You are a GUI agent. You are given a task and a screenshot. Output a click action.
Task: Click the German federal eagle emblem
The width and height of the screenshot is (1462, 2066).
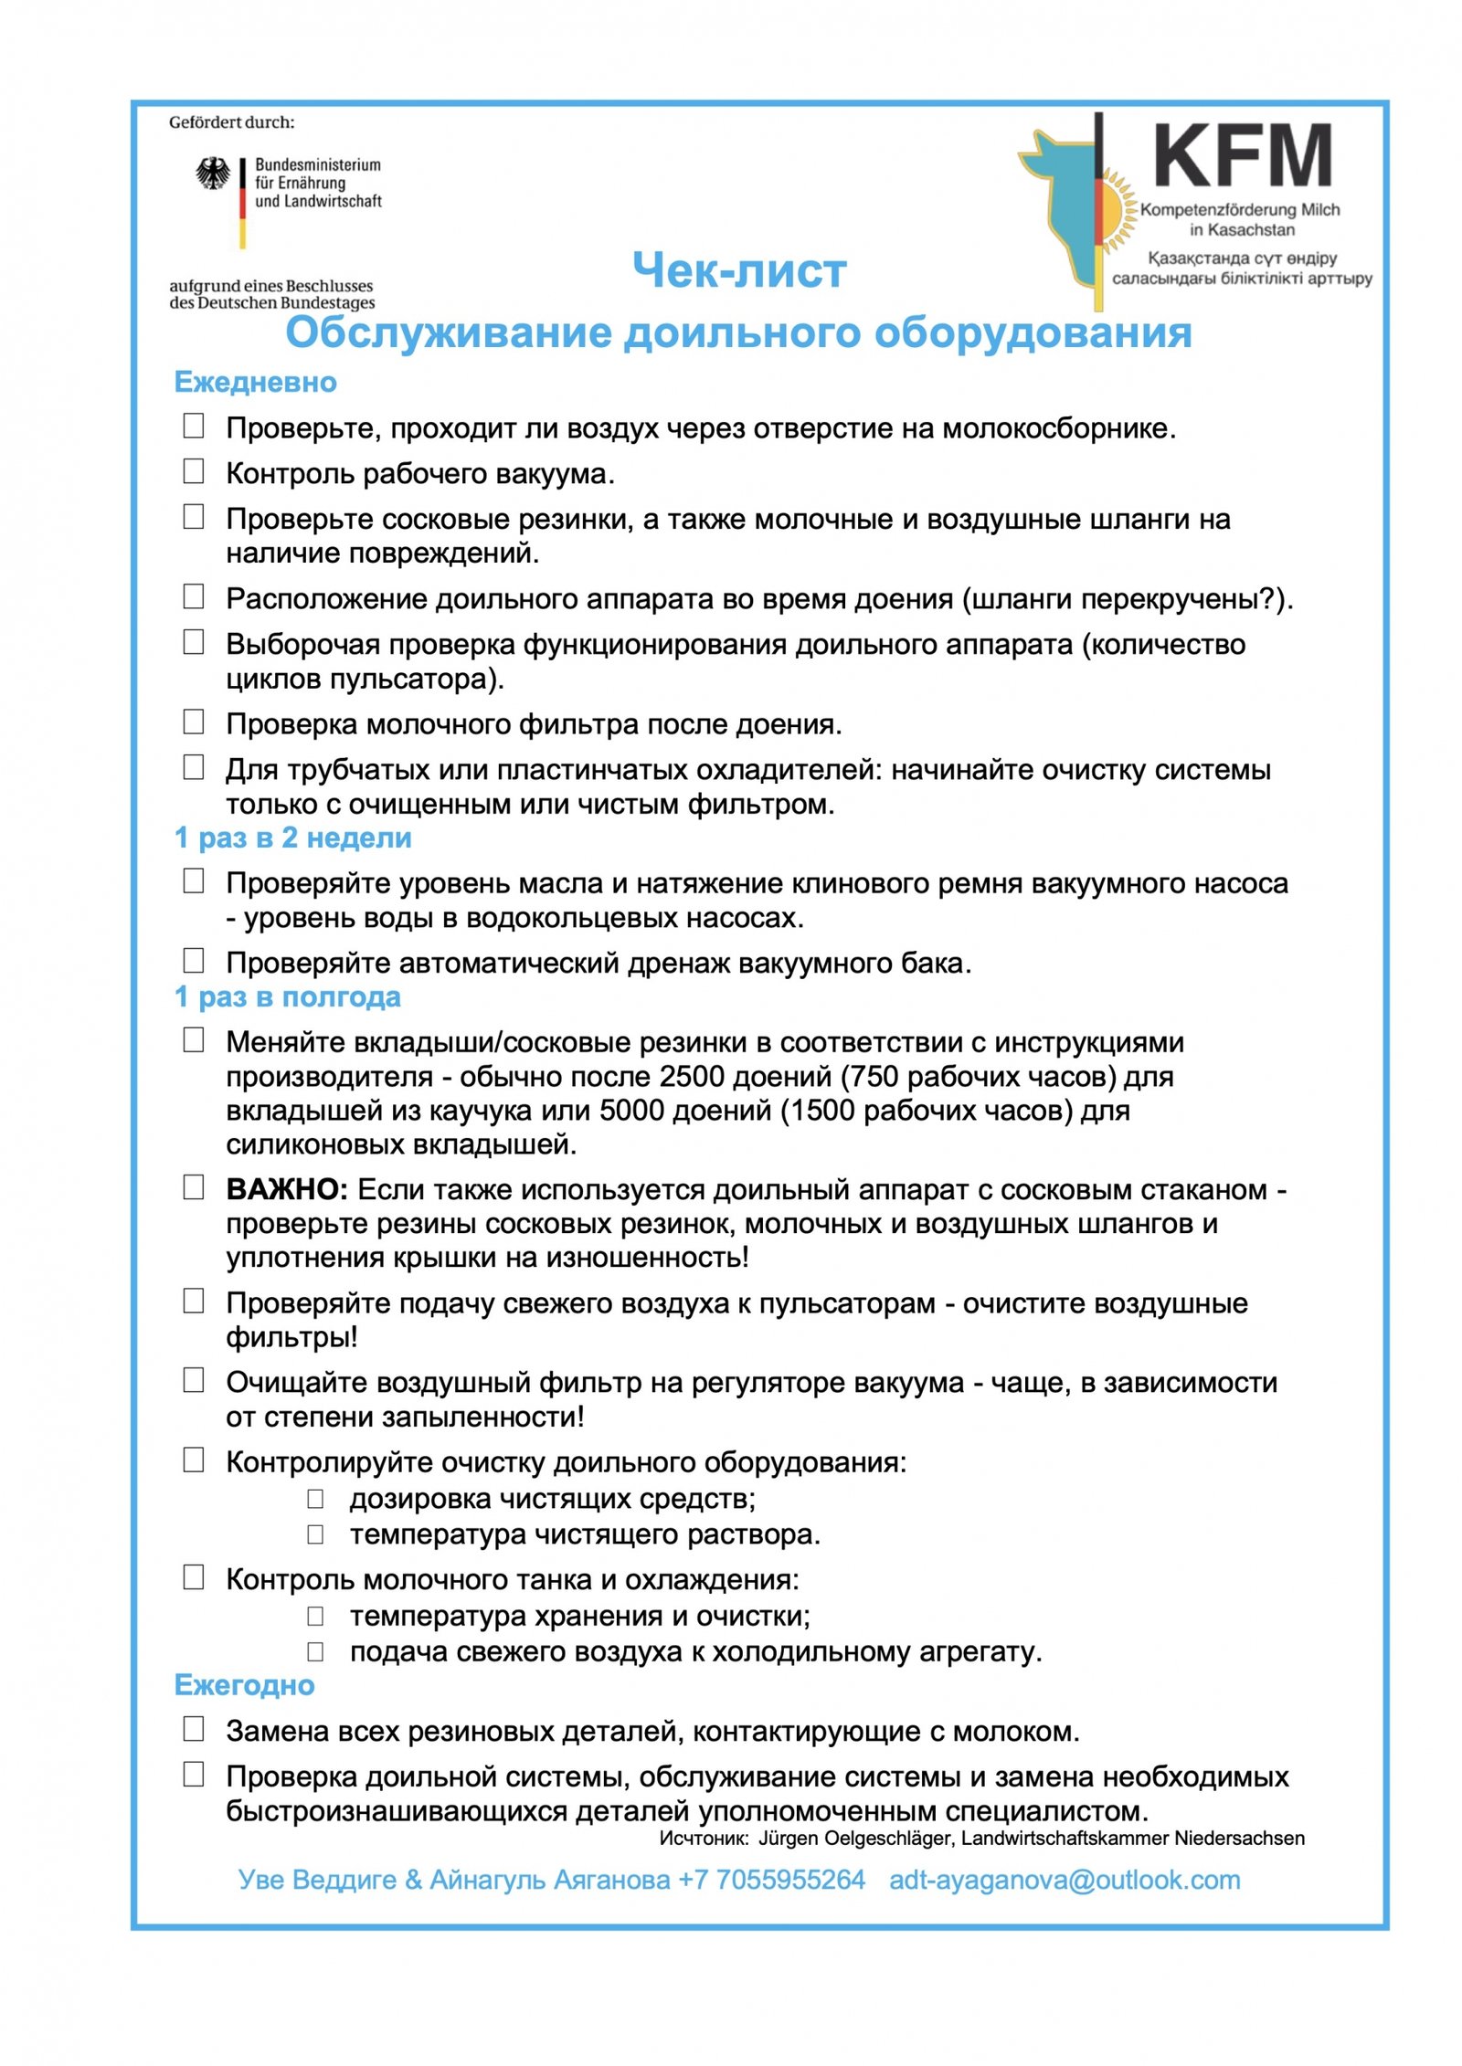pos(213,174)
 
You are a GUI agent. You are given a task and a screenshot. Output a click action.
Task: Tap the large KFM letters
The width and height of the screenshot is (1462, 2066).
pos(1242,156)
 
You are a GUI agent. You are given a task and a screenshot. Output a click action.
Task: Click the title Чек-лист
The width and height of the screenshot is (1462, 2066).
pos(739,270)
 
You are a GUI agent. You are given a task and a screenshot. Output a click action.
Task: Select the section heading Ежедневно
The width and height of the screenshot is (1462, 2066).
pos(255,382)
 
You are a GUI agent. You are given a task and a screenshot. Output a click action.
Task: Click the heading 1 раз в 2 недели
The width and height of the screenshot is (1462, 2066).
pos(292,838)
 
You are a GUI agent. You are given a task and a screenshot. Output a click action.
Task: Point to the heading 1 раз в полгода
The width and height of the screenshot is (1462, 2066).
pos(287,996)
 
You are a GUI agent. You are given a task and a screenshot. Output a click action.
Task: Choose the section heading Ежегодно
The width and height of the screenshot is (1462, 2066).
pos(244,1685)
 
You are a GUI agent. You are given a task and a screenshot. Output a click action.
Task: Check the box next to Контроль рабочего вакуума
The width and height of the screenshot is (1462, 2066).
pos(194,471)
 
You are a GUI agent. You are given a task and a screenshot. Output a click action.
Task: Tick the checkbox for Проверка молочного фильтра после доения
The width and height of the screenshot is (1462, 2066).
pos(194,722)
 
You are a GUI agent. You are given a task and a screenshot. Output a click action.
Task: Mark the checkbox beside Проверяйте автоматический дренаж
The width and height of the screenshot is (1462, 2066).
pos(194,961)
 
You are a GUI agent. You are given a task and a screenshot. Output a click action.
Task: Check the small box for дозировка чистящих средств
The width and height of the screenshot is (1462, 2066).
pos(315,1499)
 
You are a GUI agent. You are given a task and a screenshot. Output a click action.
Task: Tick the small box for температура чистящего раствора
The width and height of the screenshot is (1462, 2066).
pos(315,1534)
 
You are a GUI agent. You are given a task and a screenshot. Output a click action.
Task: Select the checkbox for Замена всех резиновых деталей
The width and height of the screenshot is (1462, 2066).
pos(194,1729)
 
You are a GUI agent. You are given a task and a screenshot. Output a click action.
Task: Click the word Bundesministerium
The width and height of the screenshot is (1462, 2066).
pos(317,165)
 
